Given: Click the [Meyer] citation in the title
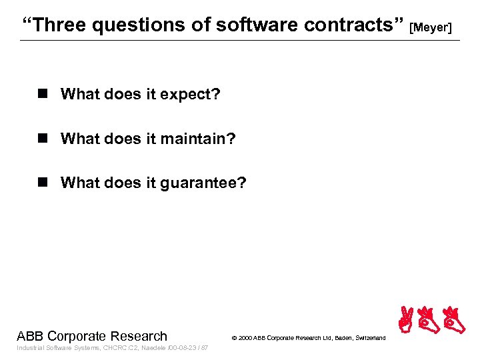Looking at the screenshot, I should [x=431, y=27].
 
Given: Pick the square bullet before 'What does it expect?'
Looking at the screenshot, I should [x=44, y=94].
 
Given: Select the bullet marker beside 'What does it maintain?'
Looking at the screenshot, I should [x=44, y=139].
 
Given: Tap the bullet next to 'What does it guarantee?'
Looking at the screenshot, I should [x=44, y=183].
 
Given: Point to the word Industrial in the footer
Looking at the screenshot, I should [x=30, y=348].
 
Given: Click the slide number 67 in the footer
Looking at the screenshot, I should [x=205, y=348].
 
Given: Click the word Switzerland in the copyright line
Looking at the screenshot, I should [x=369, y=339].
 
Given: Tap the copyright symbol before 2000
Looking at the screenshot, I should [x=233, y=339].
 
